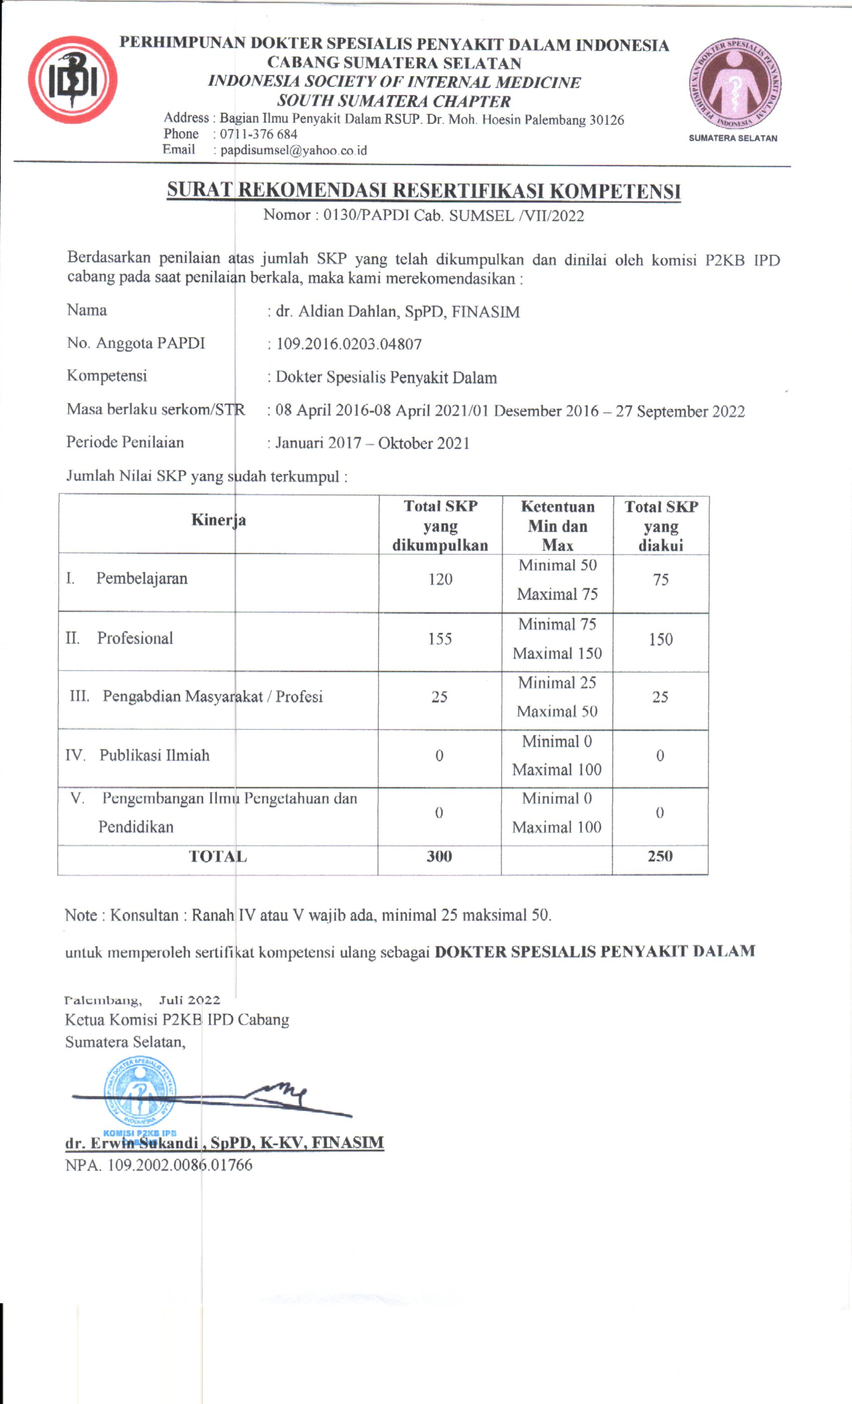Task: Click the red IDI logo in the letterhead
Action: tap(72, 80)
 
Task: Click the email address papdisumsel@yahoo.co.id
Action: tap(293, 150)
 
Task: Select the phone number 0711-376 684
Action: tap(259, 134)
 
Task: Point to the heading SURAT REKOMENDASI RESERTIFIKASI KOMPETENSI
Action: tap(423, 191)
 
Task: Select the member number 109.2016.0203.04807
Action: tap(348, 344)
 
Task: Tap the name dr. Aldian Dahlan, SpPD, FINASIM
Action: tap(397, 312)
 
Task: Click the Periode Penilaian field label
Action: tap(125, 442)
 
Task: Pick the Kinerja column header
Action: tap(218, 519)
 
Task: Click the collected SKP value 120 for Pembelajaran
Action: tap(440, 580)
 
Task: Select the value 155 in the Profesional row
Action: tap(440, 639)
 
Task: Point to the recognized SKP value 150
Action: tap(660, 639)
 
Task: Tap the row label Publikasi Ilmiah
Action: tap(154, 755)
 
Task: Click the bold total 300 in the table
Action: tap(439, 856)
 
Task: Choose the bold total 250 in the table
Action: tap(660, 856)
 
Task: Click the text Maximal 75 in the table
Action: tap(557, 594)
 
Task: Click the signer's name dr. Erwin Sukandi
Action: tap(132, 1142)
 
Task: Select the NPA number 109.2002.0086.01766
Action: tap(158, 1165)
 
